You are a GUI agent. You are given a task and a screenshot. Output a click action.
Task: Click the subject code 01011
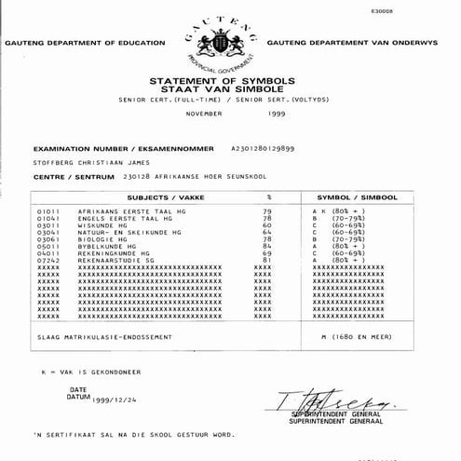[x=47, y=211]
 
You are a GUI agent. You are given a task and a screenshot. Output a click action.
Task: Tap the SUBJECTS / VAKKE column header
[x=155, y=198]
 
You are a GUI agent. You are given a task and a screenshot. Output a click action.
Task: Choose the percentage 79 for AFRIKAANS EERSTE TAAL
[x=267, y=211]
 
